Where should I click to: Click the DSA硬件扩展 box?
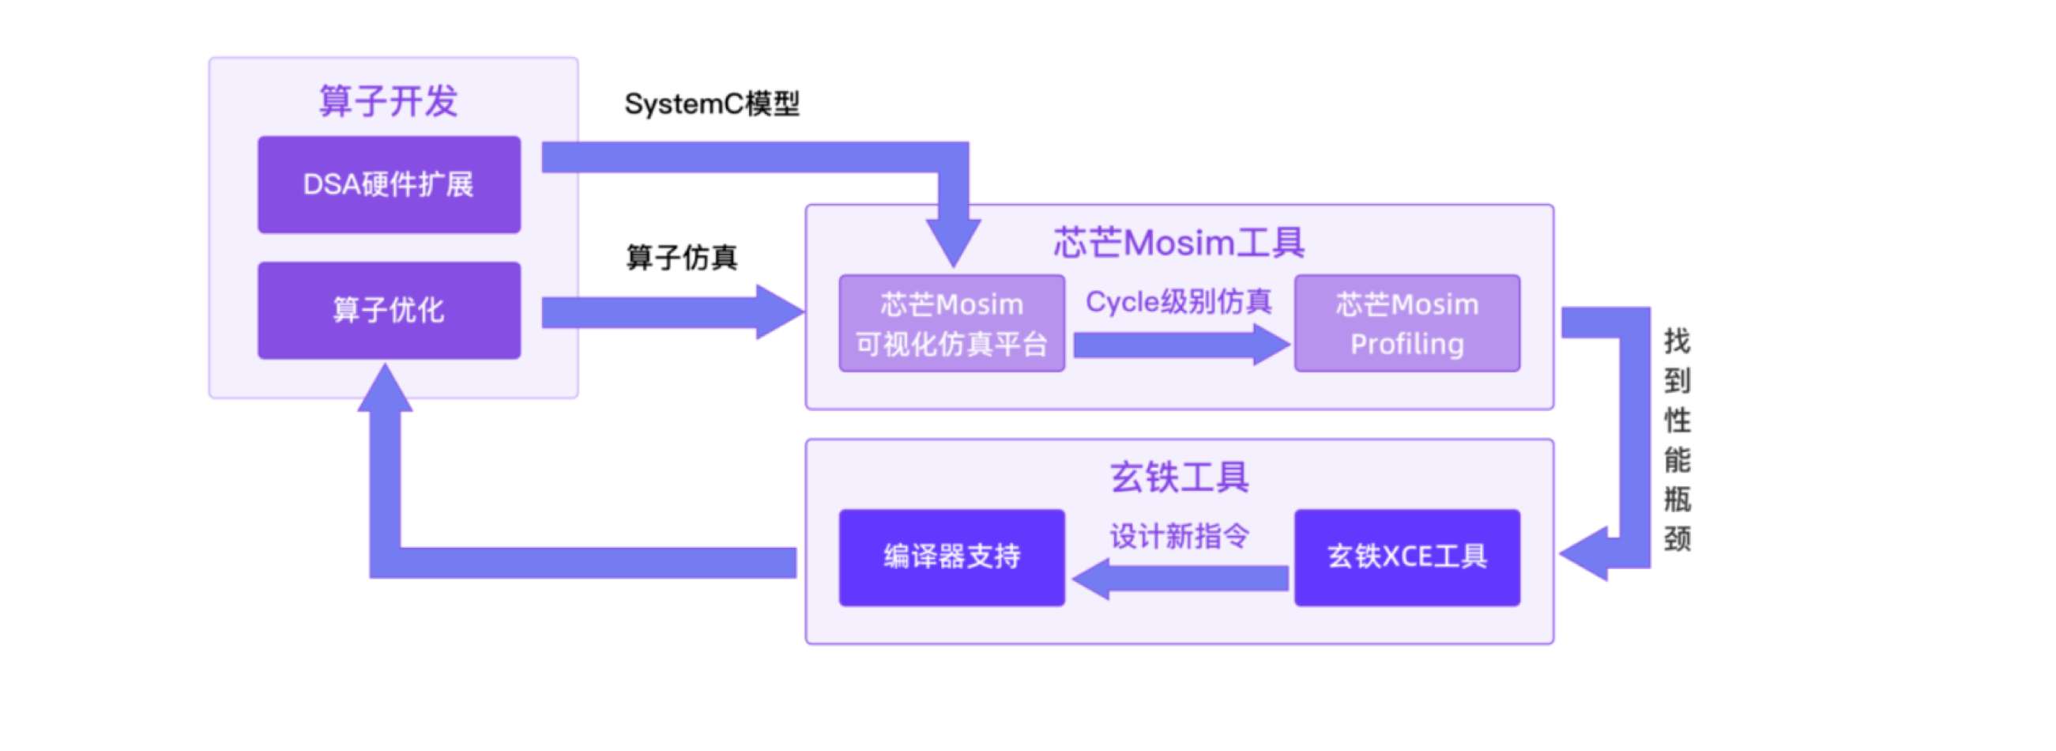(389, 184)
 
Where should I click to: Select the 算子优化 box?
(389, 310)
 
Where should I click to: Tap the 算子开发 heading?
(388, 101)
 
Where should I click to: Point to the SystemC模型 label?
(711, 104)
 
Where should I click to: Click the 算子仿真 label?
(682, 257)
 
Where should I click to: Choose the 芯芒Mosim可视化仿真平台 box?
(951, 323)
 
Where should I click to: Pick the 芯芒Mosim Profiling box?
(1406, 323)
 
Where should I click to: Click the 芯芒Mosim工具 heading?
(1179, 242)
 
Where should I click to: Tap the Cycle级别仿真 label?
(1178, 302)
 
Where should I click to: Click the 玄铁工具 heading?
(1179, 477)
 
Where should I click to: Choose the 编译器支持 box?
(951, 557)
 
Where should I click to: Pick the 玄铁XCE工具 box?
(1406, 557)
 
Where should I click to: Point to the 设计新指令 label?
(1179, 535)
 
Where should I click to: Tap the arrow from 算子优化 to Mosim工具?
(670, 312)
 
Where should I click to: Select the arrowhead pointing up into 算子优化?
(385, 390)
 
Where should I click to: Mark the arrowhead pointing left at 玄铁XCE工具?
(1585, 553)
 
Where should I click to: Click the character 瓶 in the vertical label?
(1677, 500)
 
